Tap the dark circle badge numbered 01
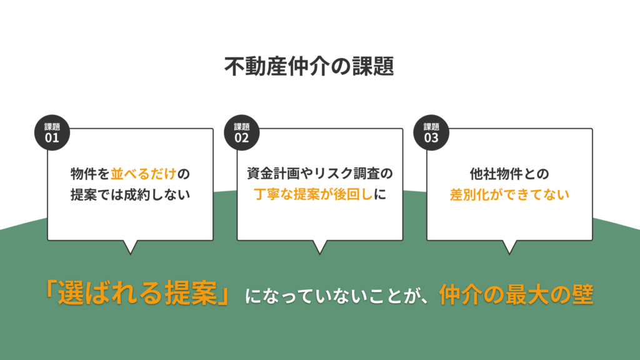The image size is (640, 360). [52, 133]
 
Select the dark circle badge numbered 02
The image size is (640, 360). [242, 133]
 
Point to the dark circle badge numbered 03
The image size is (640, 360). [431, 133]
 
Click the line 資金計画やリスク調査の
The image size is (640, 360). [320, 173]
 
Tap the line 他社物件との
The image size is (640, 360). [509, 173]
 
